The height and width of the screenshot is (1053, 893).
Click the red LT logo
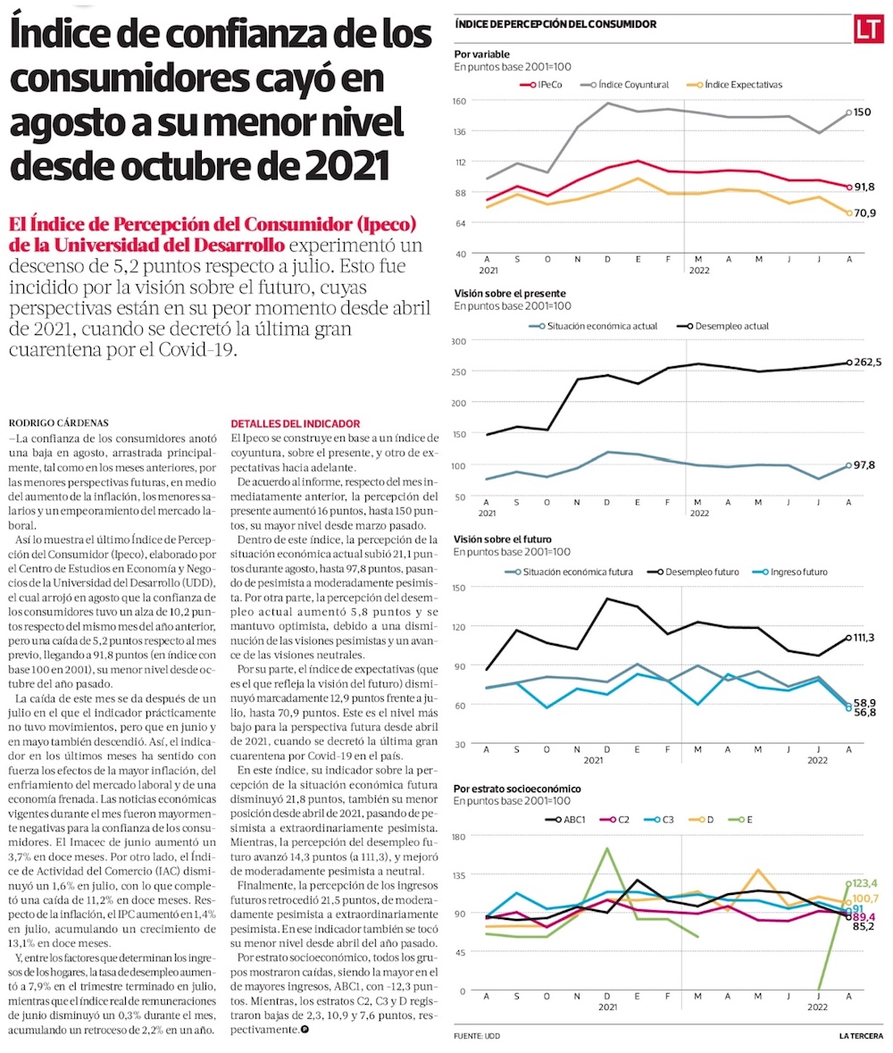(865, 29)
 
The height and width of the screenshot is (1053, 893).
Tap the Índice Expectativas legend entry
(737, 84)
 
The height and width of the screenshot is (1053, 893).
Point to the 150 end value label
(862, 113)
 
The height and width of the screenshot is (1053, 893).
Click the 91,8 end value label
(864, 187)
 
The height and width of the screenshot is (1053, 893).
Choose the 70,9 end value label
(864, 213)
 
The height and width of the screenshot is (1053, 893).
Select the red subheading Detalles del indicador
(295, 422)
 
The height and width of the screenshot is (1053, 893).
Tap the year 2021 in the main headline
(346, 163)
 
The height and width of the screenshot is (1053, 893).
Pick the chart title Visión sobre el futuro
(503, 540)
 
